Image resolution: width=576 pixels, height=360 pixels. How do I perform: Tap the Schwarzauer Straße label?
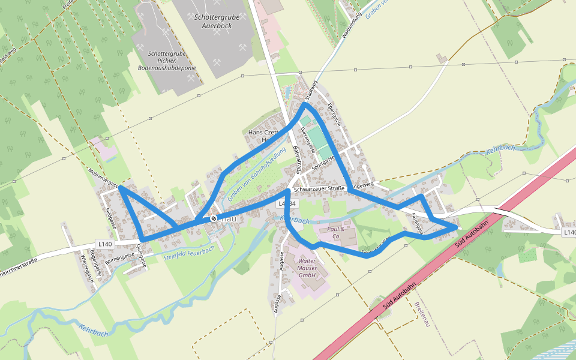320,188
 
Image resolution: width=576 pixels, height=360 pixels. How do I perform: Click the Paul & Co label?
336,233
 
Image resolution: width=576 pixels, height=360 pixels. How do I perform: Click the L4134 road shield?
286,204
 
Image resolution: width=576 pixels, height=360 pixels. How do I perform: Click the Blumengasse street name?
118,257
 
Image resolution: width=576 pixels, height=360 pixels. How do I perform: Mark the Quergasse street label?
142,255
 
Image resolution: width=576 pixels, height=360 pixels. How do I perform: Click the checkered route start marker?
213,218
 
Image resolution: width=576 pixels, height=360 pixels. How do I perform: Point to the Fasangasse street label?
417,223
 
